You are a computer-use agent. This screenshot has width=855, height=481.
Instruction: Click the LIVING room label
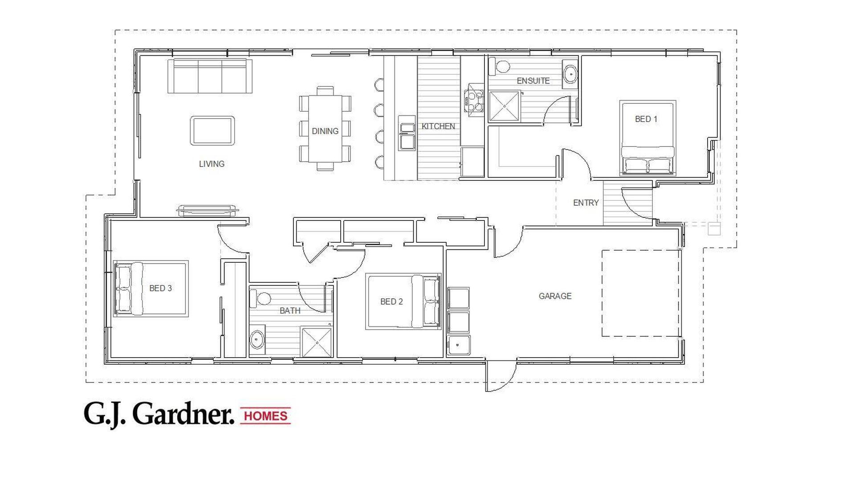click(212, 164)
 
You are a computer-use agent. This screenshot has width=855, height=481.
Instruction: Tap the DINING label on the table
click(325, 131)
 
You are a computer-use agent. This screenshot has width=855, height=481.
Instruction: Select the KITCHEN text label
click(438, 126)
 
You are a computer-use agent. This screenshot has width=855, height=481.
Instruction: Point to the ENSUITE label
click(533, 81)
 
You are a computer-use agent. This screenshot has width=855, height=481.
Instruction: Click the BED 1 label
click(646, 119)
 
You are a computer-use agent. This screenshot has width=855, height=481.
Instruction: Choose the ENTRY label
click(586, 203)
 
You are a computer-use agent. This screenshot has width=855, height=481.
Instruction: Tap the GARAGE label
click(555, 296)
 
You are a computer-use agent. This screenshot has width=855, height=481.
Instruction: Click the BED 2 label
click(391, 302)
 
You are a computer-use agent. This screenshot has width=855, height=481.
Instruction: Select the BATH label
click(290, 310)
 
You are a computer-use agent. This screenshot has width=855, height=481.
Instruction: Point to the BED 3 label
click(160, 288)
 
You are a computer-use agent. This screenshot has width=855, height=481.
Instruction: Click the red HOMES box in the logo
click(266, 416)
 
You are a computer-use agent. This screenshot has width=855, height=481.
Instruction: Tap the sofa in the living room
click(210, 76)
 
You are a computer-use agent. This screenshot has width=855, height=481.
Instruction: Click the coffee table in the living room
click(212, 130)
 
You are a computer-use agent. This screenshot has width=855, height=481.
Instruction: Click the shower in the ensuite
click(504, 106)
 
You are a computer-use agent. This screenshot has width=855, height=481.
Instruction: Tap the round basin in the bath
click(256, 340)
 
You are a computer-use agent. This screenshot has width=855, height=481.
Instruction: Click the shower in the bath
click(317, 342)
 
